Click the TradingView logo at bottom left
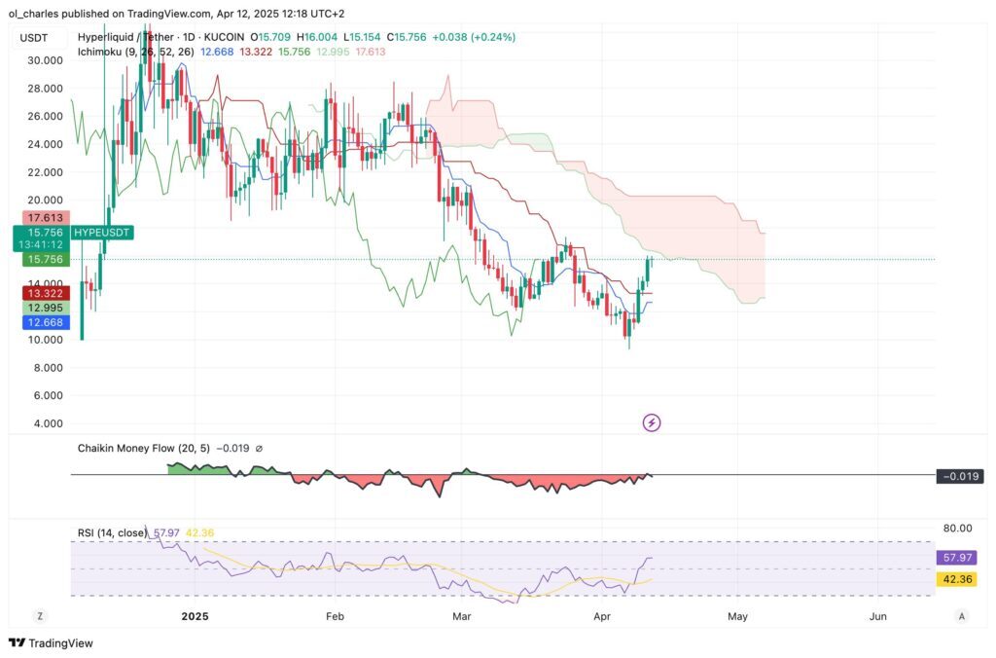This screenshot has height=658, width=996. click(45, 642)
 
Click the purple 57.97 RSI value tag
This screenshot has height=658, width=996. click(953, 558)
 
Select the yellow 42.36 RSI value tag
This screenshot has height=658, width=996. click(953, 579)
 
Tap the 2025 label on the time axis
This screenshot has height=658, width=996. click(196, 616)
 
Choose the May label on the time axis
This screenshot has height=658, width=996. click(737, 616)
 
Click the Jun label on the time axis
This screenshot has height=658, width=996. click(878, 616)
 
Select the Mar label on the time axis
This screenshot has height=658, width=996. click(462, 616)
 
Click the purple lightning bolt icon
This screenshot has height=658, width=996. click(653, 422)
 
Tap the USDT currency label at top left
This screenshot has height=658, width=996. click(35, 38)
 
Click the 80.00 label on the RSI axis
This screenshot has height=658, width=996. click(957, 528)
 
